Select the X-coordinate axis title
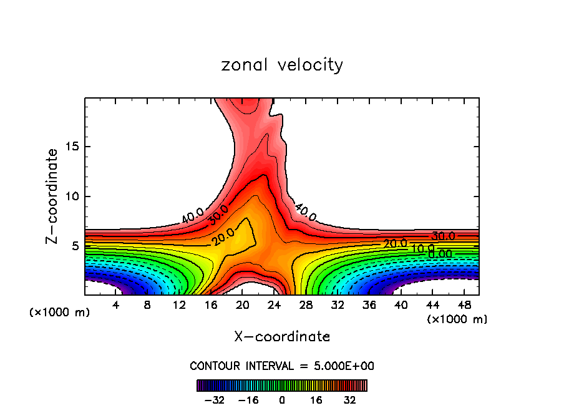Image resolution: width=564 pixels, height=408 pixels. pyautogui.click(x=282, y=337)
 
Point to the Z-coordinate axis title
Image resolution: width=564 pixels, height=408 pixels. pyautogui.click(x=52, y=196)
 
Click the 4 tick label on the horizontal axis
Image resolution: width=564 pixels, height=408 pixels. pyautogui.click(x=115, y=305)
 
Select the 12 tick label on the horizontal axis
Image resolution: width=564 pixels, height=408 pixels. pyautogui.click(x=179, y=305)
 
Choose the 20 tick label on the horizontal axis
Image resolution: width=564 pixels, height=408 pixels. pyautogui.click(x=243, y=305)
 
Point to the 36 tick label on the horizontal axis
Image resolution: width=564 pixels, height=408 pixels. pyautogui.click(x=369, y=305)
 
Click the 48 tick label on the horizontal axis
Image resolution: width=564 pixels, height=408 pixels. pyautogui.click(x=464, y=305)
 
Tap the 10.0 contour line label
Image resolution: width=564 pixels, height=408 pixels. pyautogui.click(x=422, y=249)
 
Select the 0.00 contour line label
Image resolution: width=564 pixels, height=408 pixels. pyautogui.click(x=440, y=254)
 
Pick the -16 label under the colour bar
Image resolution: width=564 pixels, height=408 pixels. pyautogui.click(x=248, y=400)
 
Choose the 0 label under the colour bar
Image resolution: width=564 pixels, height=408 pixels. pyautogui.click(x=282, y=400)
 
